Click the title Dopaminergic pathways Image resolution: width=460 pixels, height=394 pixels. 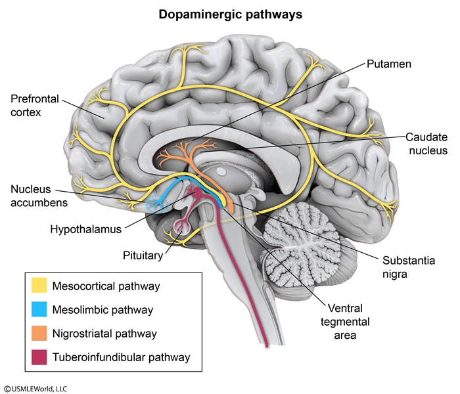tap(230, 14)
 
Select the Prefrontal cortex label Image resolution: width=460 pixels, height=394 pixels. tap(35, 106)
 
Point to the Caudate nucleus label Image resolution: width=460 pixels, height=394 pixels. tap(426, 144)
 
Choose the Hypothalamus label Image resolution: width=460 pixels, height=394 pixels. tap(85, 229)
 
